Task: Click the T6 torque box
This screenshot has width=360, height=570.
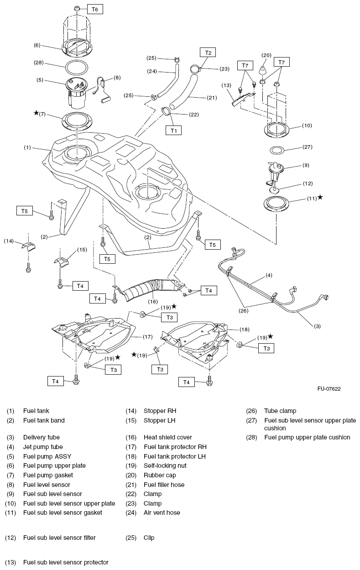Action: coord(95,10)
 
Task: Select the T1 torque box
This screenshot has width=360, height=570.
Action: coord(173,131)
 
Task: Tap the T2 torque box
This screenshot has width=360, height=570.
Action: coord(208,52)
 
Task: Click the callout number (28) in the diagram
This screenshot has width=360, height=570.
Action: coord(39,63)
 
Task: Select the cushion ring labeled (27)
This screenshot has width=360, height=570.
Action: coord(277,151)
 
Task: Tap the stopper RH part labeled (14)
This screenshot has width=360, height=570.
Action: coord(28,246)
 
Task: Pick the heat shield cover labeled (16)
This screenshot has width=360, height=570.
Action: coord(152,288)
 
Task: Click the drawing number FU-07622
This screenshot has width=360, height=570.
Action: coord(329,388)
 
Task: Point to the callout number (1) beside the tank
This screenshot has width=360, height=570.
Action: coord(27,147)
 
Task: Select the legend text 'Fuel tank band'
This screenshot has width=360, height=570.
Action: coord(44,420)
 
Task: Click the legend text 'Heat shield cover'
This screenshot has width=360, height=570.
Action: coord(167,437)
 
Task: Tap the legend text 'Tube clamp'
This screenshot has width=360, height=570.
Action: coord(280,411)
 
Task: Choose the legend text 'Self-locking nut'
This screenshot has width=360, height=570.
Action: coord(165,465)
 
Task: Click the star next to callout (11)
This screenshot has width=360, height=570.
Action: coord(320,197)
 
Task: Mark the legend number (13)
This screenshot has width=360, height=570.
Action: coord(10,562)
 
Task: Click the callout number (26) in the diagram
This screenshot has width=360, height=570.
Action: coord(244,311)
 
